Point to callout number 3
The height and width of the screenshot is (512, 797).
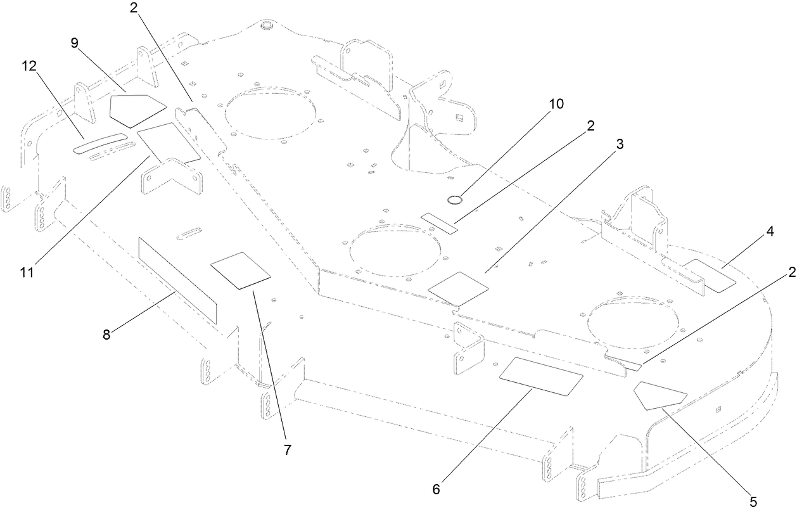tap(619, 144)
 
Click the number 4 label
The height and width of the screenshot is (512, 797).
tap(770, 232)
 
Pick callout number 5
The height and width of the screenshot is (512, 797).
tap(753, 501)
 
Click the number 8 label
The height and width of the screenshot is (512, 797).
tap(106, 334)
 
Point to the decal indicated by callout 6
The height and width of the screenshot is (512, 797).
tap(542, 376)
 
